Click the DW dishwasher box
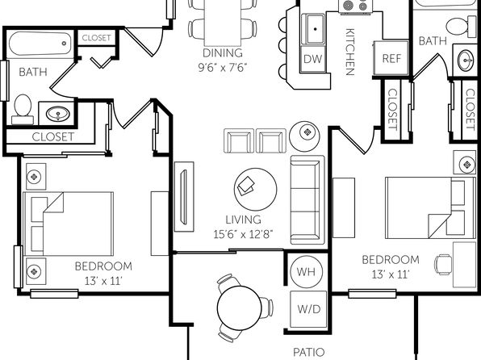(x=312, y=59)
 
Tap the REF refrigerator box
(x=391, y=58)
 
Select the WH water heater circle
(x=307, y=271)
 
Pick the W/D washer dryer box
(x=308, y=309)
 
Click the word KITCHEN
(x=350, y=52)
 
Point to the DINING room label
(x=223, y=52)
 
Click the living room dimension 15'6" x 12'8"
(x=243, y=234)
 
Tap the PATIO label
(x=308, y=352)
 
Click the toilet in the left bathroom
(x=23, y=109)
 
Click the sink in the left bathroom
(x=57, y=114)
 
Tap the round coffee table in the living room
(x=255, y=190)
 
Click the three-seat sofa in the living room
(x=307, y=200)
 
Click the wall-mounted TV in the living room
(x=184, y=197)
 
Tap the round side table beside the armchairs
(x=304, y=136)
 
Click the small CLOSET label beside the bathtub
(x=96, y=38)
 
